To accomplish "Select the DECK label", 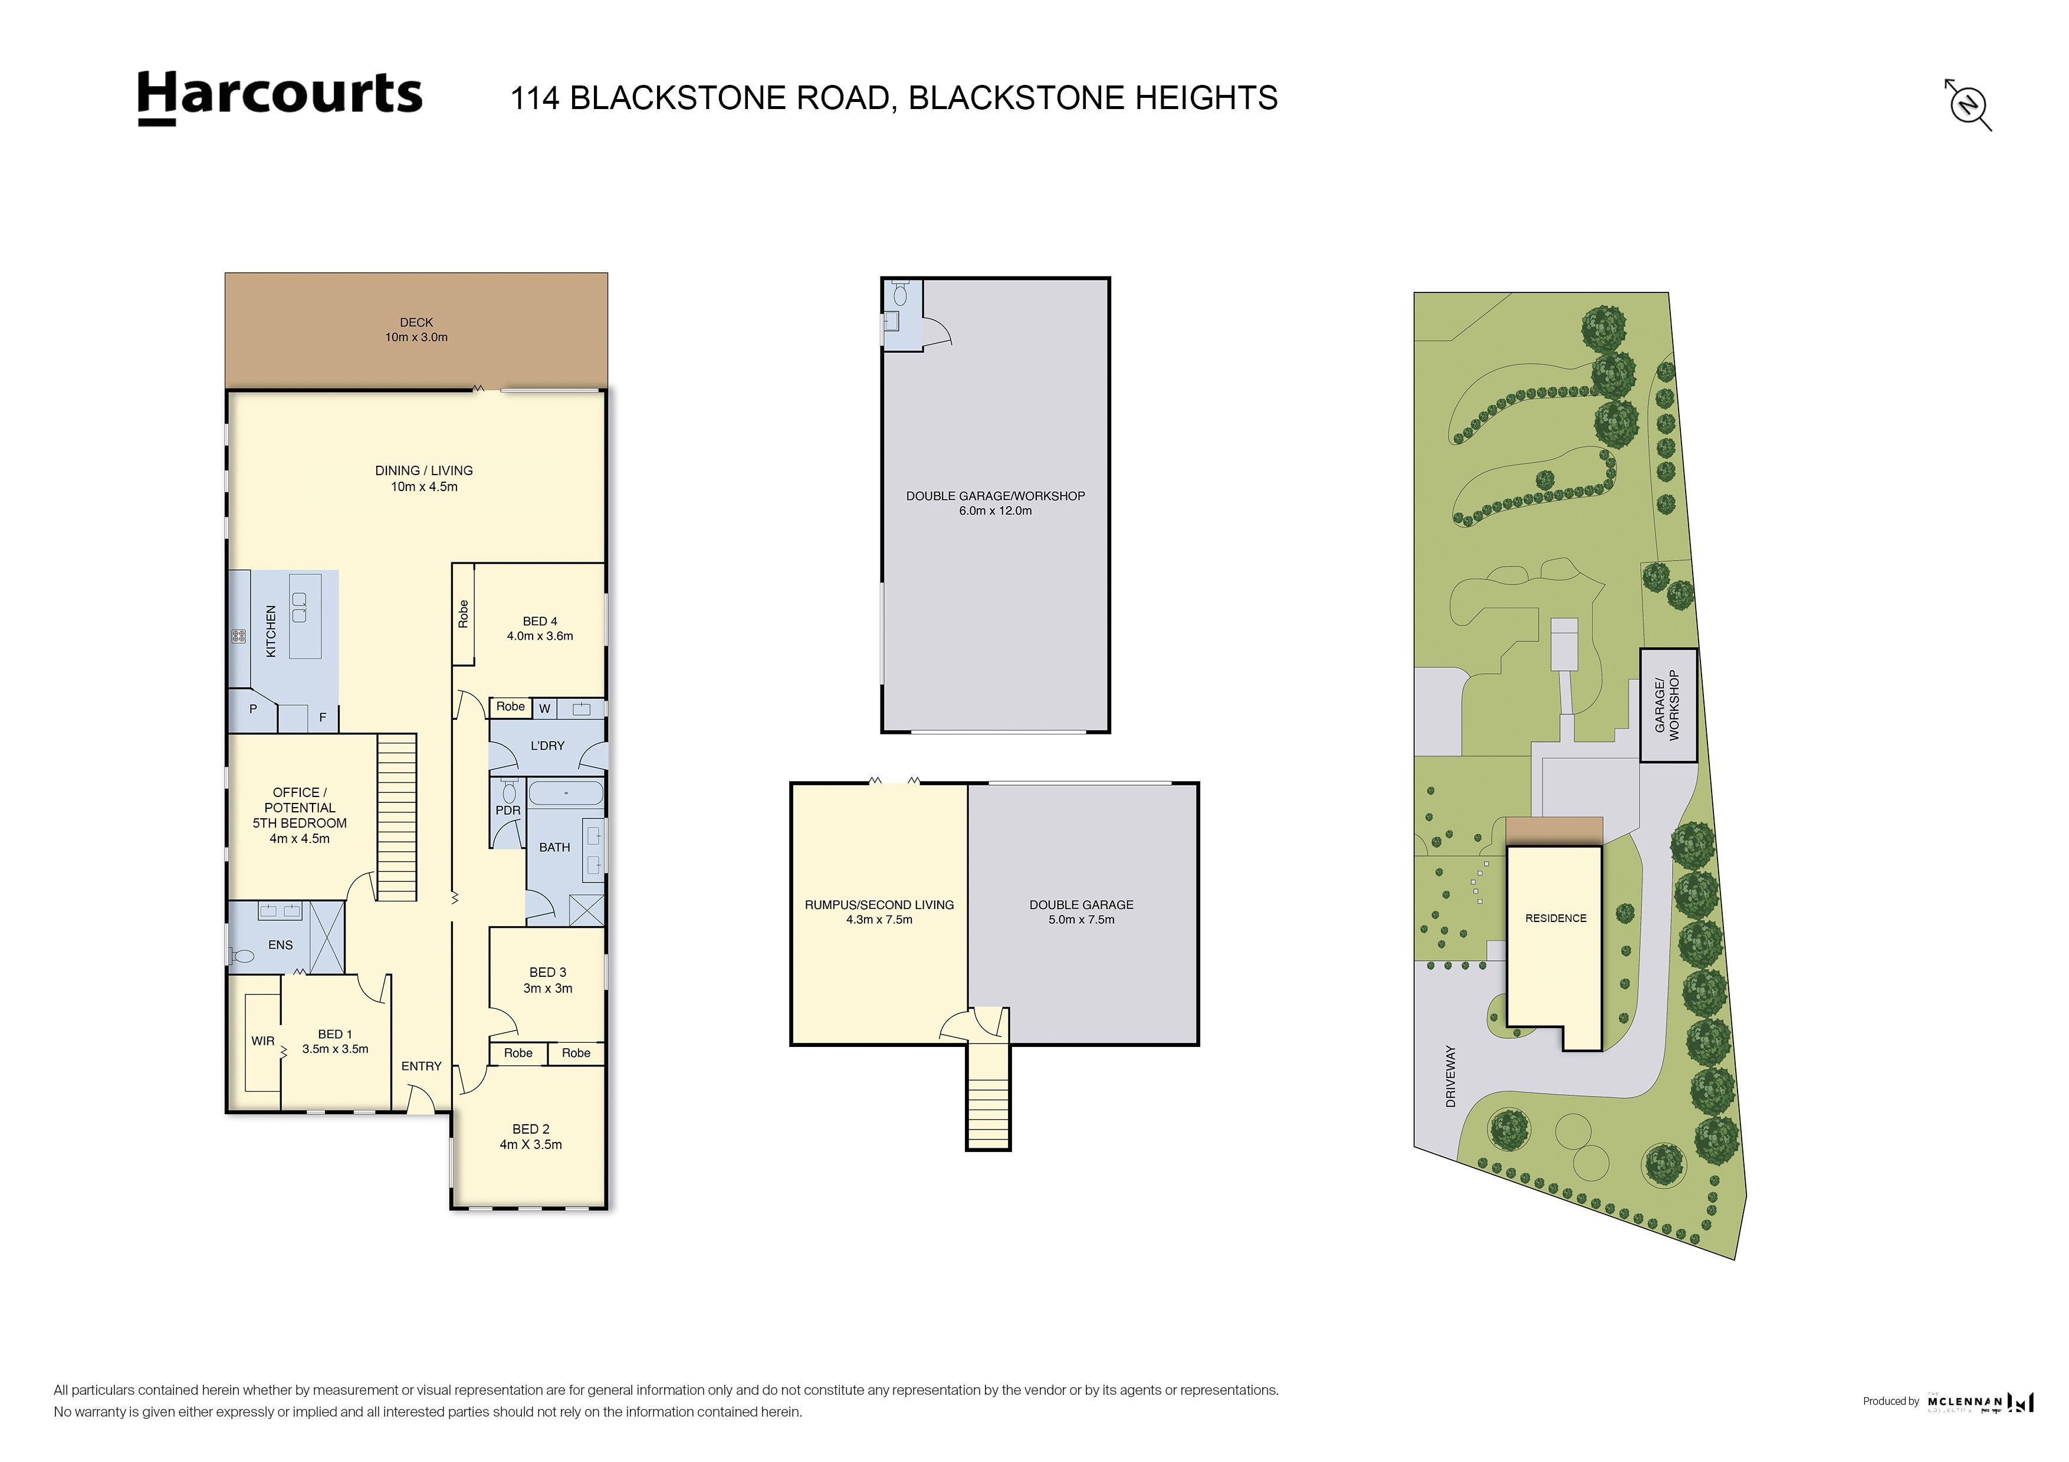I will (416, 322).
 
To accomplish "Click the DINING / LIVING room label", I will (423, 470).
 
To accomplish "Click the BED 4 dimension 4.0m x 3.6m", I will (540, 636).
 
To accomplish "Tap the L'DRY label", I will (547, 746).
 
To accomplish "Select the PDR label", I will (508, 811).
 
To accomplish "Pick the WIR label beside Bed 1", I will (263, 1041).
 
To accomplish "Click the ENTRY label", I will (421, 1066).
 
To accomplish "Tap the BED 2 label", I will (531, 1130).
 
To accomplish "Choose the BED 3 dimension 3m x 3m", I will (548, 988).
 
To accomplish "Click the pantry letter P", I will (253, 709).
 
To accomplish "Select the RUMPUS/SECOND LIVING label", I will (879, 904).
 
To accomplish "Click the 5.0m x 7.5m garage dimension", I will (1081, 920).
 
